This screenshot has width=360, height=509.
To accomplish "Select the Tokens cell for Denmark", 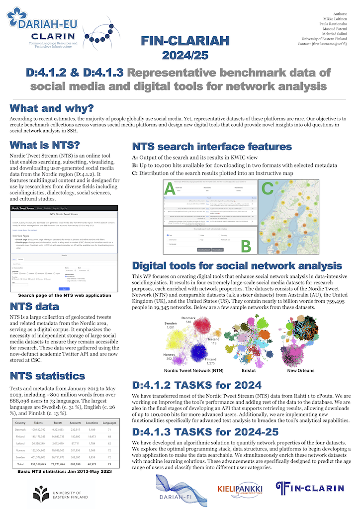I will click(39, 428).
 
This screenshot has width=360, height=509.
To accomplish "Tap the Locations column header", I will click(91, 421).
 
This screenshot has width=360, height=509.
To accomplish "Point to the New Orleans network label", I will click(300, 370).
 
